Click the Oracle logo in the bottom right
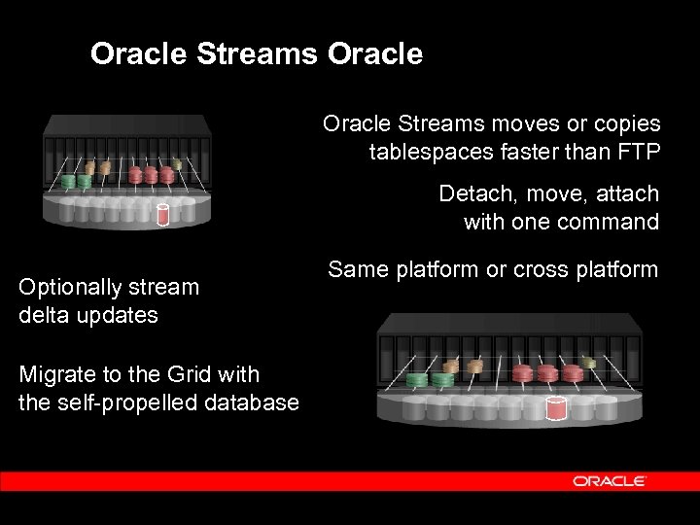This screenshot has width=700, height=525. pyautogui.click(x=610, y=481)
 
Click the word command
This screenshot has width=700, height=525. pyautogui.click(x=609, y=222)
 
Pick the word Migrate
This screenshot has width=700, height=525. pyautogui.click(x=54, y=373)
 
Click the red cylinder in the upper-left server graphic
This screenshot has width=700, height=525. pyautogui.click(x=163, y=215)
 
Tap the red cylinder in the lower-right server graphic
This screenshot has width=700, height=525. pyautogui.click(x=556, y=409)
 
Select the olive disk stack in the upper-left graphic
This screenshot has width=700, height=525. pyautogui.click(x=176, y=163)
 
